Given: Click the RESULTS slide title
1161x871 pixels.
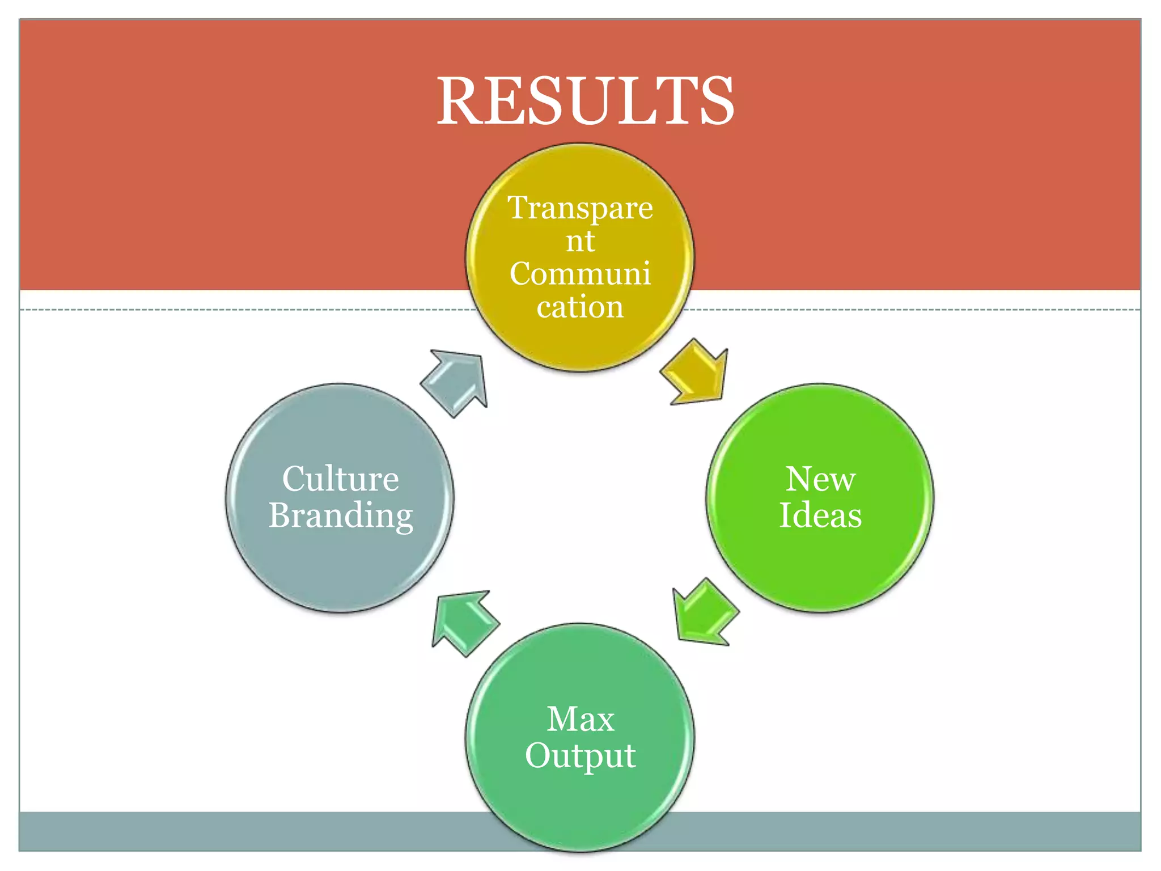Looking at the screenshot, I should pyautogui.click(x=585, y=101).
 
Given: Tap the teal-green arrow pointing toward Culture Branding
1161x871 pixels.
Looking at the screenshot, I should pyautogui.click(x=464, y=622).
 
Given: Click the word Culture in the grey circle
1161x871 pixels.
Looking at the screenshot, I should pyautogui.click(x=340, y=479).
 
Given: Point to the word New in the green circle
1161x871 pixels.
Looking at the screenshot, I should pyautogui.click(x=820, y=479).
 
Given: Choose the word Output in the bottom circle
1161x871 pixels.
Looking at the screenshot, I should pyautogui.click(x=580, y=756).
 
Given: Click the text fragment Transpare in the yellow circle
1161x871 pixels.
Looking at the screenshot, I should pyautogui.click(x=580, y=208).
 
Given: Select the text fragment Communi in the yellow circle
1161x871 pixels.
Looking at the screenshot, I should pyautogui.click(x=580, y=274).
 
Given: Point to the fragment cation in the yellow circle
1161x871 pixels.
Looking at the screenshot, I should pyautogui.click(x=580, y=307).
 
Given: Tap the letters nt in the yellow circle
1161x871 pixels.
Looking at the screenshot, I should pyautogui.click(x=580, y=241).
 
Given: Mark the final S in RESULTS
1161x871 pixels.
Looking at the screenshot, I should pyautogui.click(x=715, y=101).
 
